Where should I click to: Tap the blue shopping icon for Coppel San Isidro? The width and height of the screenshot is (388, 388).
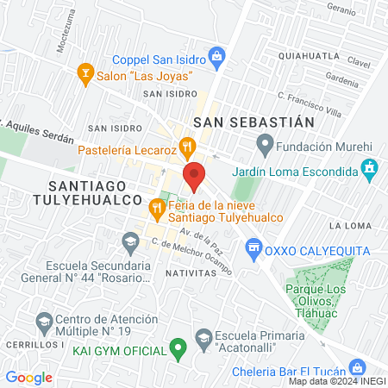coord(217,59)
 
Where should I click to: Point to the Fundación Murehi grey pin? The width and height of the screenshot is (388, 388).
coord(266,142)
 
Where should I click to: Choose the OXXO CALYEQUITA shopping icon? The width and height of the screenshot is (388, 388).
coord(253,250)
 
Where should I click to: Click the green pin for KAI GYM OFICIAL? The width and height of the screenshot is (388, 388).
coord(178,350)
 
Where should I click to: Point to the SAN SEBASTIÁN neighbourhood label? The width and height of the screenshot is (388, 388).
coord(253,123)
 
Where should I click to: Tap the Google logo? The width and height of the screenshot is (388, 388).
coord(29,377)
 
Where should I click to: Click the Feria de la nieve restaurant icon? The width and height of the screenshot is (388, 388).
coord(156,207)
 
